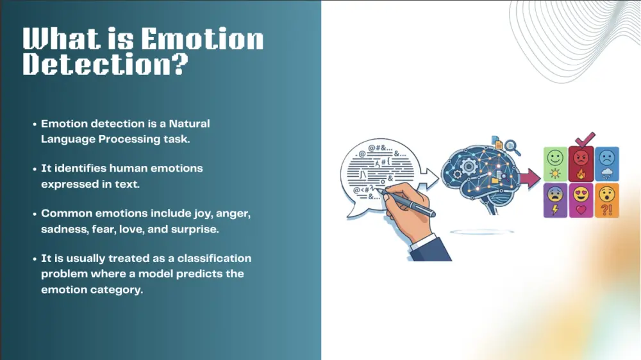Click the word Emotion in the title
pyautogui.click(x=202, y=40)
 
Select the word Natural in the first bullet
pyautogui.click(x=189, y=123)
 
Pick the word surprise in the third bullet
pyautogui.click(x=204, y=229)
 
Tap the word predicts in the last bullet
pyautogui.click(x=196, y=274)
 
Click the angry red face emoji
pyautogui.click(x=581, y=157)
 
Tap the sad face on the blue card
pyautogui.click(x=607, y=157)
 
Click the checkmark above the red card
pyautogui.click(x=583, y=138)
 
